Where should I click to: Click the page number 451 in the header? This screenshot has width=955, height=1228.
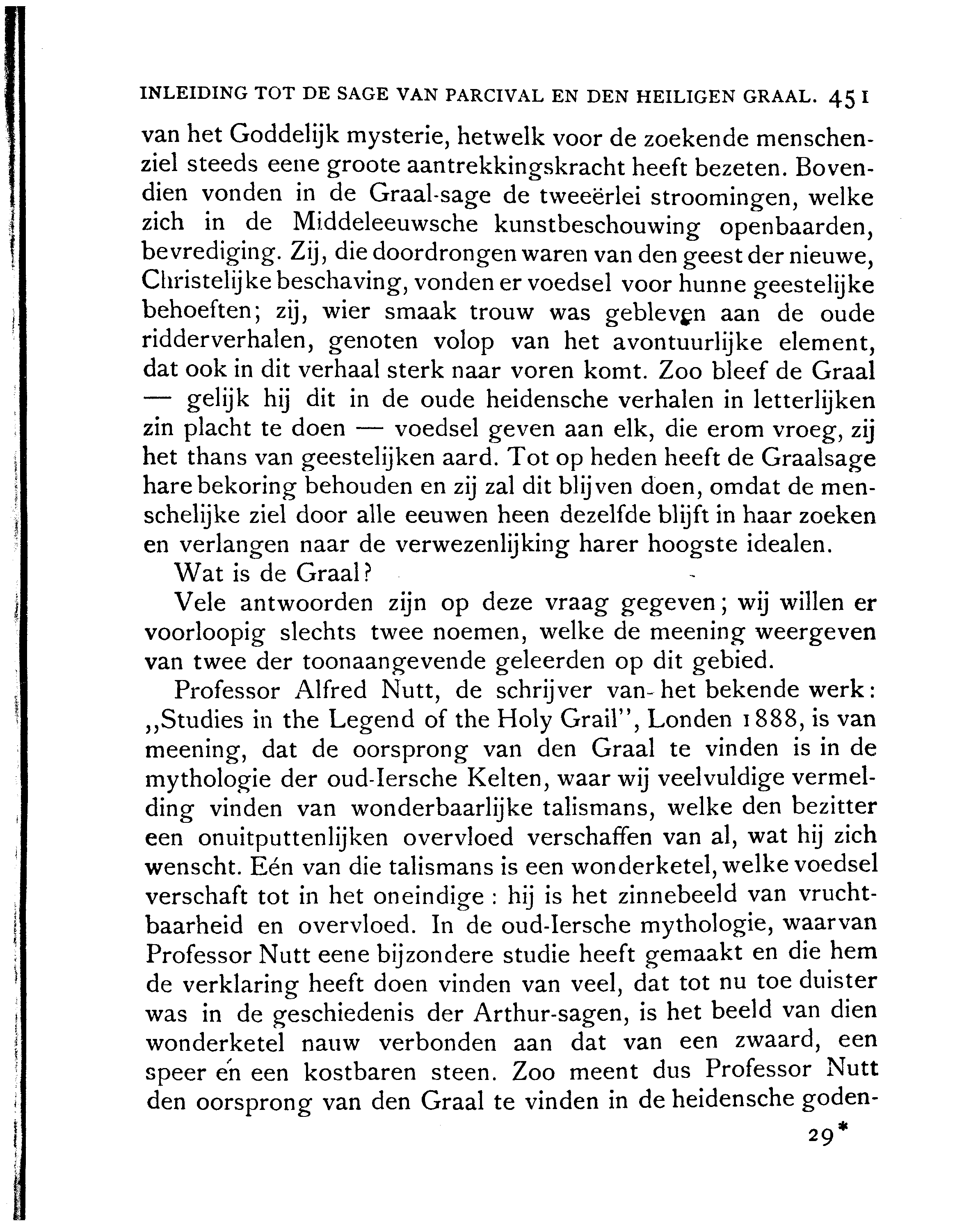click(x=849, y=97)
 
